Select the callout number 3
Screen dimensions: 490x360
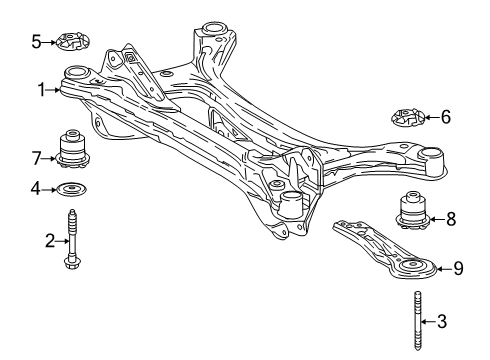pos(445,322)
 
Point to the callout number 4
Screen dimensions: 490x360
pos(36,187)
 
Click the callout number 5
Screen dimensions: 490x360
pos(36,42)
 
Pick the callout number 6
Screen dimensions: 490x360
pos(445,117)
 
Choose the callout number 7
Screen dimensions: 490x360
pos(36,156)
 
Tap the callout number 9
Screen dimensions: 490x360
pos(458,268)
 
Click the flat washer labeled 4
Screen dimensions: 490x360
pos(72,188)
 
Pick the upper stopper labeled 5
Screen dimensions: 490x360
pos(72,43)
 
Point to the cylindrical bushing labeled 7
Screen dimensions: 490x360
pos(73,148)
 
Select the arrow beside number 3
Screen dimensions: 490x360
pos(428,322)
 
